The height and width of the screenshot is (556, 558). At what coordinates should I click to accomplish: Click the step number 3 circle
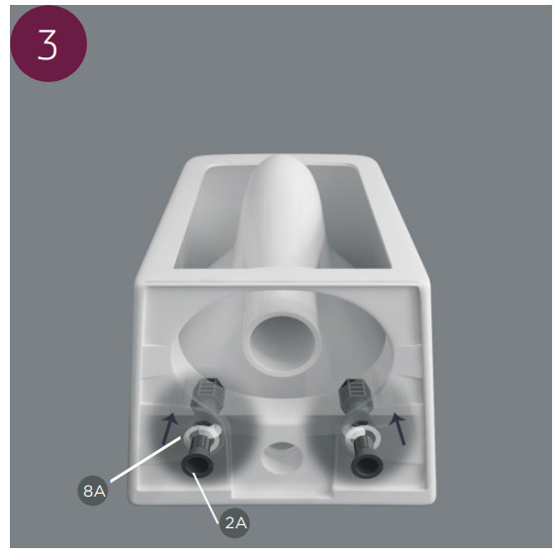(x=48, y=44)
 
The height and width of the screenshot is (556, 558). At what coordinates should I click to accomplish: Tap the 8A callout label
(x=93, y=491)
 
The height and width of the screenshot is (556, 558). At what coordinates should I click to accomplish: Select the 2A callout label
(x=234, y=522)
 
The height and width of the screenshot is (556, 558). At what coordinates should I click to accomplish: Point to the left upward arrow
(x=169, y=428)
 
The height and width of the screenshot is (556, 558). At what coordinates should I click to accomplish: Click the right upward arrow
(x=399, y=428)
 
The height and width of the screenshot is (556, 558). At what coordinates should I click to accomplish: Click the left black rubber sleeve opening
(x=198, y=465)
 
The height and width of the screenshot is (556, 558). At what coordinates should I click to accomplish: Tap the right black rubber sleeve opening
(x=367, y=465)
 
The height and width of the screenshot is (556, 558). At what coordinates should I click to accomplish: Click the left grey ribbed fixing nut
(x=209, y=394)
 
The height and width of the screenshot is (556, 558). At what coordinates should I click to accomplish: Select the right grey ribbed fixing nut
(x=354, y=394)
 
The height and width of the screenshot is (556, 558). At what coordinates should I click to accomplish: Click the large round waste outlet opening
(x=282, y=344)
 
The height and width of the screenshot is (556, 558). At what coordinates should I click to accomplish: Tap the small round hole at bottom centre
(x=282, y=457)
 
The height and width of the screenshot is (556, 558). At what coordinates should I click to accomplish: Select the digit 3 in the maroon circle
(x=47, y=45)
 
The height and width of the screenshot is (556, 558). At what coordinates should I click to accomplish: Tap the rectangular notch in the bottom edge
(x=282, y=494)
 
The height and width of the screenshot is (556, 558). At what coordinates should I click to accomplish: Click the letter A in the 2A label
(x=241, y=523)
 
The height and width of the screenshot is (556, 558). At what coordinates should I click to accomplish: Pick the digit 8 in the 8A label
(x=88, y=491)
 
